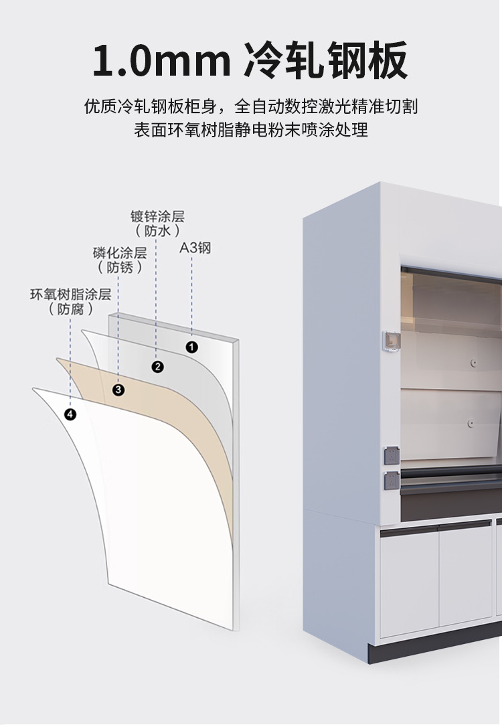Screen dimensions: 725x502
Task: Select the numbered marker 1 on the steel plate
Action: [x=191, y=347]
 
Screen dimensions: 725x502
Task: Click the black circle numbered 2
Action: [x=158, y=366]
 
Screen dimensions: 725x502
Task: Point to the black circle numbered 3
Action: [x=118, y=390]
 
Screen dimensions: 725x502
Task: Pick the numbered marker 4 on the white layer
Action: [x=70, y=414]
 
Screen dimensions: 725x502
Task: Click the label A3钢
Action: [x=195, y=248]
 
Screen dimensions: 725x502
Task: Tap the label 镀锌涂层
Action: [x=157, y=217]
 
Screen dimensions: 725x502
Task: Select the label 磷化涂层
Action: [x=120, y=253]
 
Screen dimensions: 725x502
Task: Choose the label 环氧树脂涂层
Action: [x=70, y=295]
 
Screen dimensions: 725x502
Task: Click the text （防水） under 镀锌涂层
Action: [x=157, y=232]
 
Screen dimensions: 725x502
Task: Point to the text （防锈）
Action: [x=120, y=268]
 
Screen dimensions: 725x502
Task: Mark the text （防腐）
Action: [x=70, y=309]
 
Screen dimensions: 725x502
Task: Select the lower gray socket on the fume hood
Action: [x=390, y=479]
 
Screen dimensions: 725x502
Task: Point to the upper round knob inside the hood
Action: [x=473, y=363]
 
